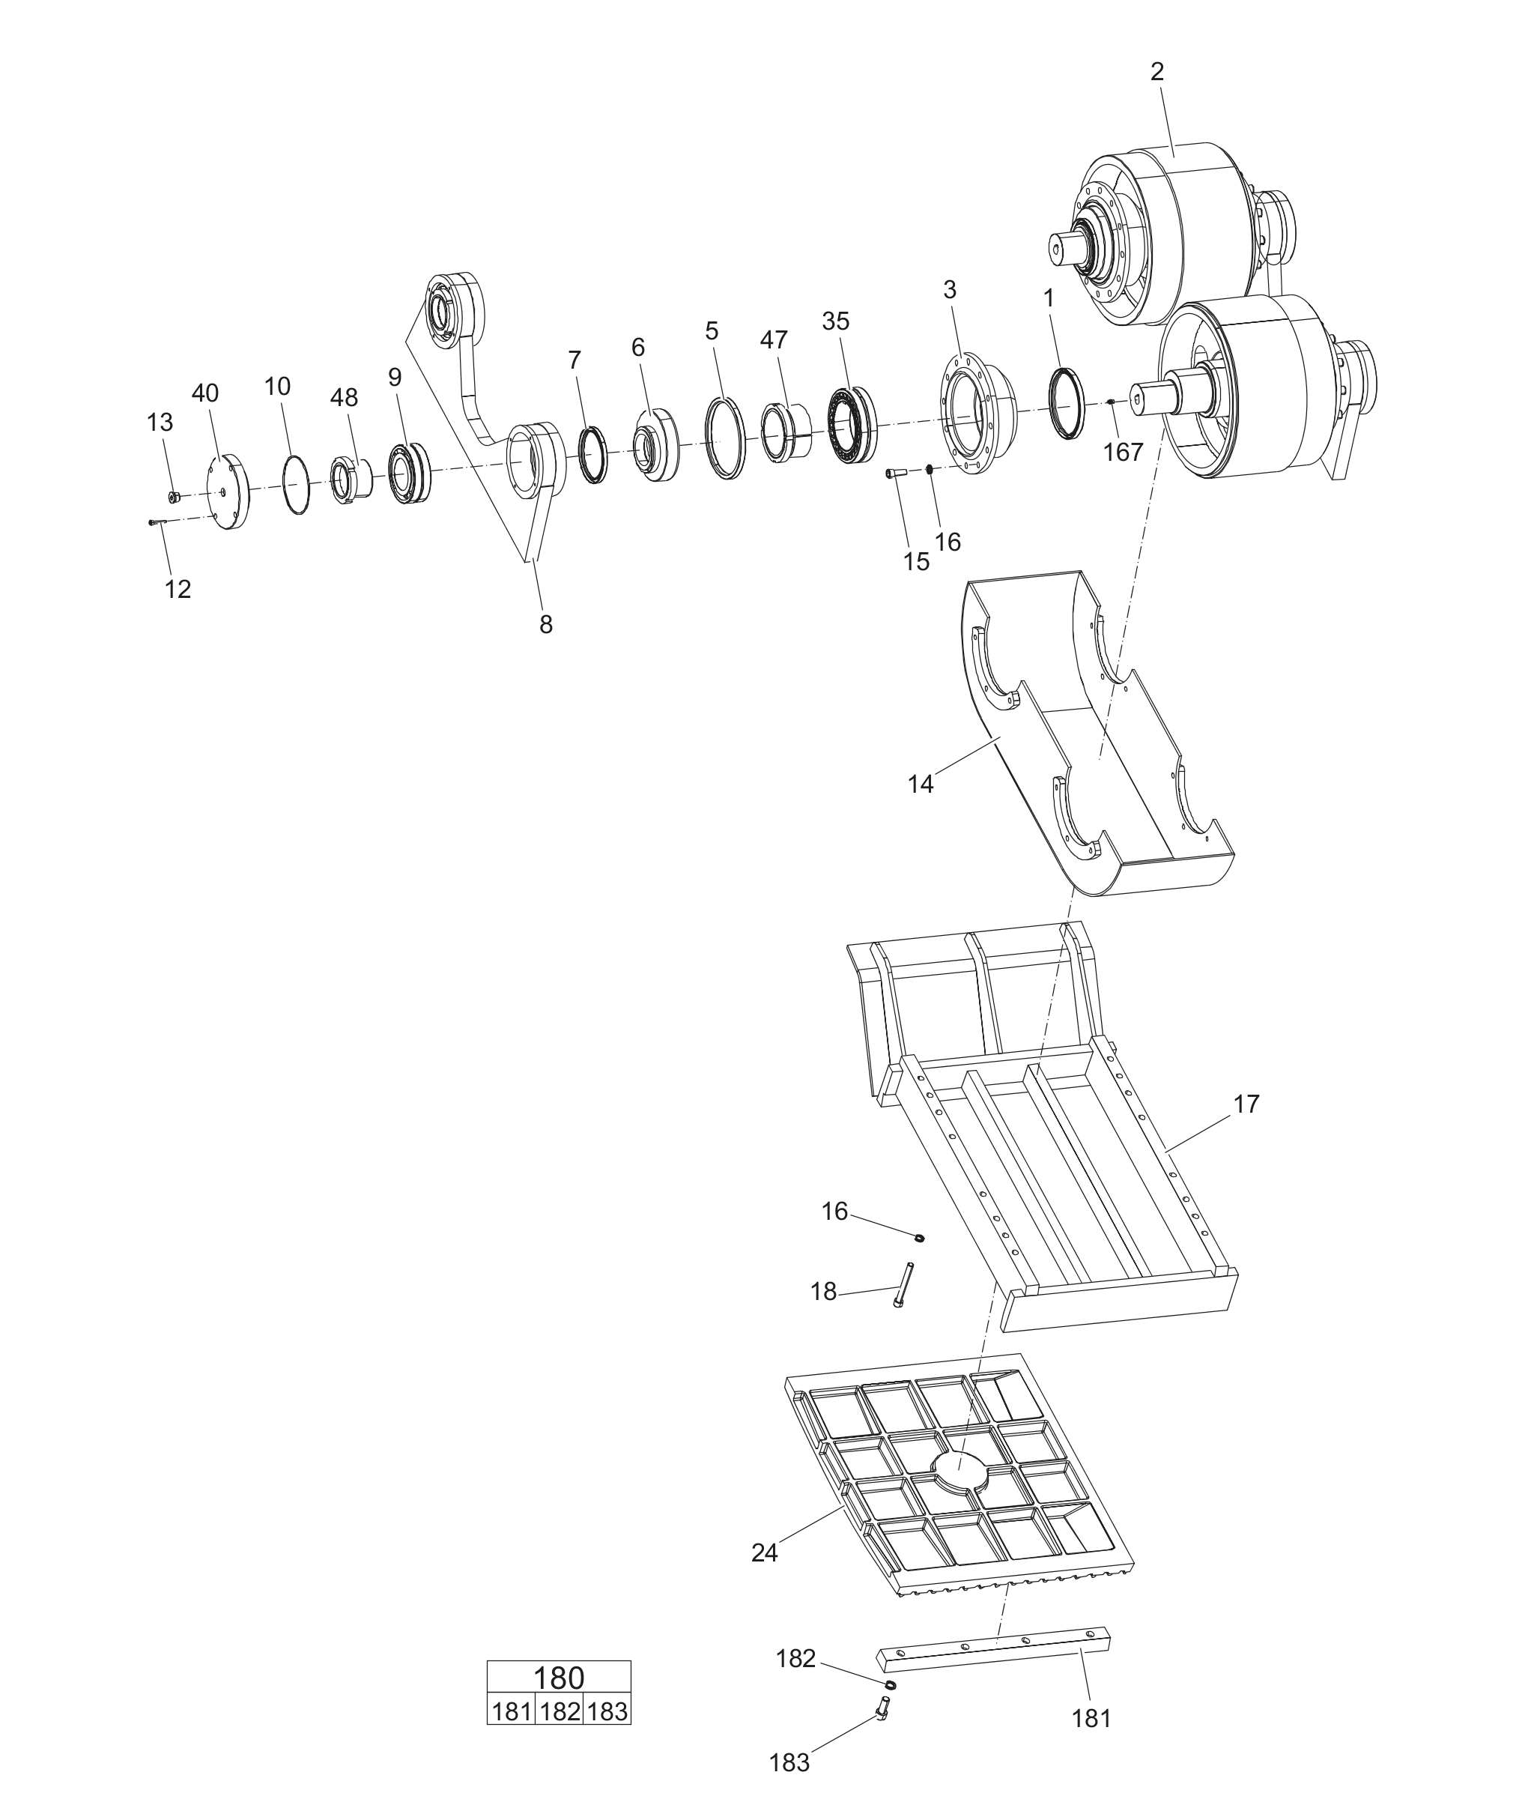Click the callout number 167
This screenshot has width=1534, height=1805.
(x=1123, y=453)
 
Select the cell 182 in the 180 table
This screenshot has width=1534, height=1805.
(x=560, y=1711)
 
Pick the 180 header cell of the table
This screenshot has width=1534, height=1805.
(x=558, y=1678)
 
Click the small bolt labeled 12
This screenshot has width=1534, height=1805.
(x=158, y=522)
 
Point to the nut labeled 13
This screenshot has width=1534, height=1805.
(x=174, y=497)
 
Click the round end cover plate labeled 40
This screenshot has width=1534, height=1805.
(x=228, y=492)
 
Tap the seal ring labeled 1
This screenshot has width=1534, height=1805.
(x=1068, y=403)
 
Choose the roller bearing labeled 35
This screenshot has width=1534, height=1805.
(x=852, y=426)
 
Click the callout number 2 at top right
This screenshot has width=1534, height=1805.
(x=1156, y=72)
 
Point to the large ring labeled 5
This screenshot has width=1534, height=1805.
(x=725, y=437)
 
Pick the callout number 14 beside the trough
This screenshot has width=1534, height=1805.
(x=920, y=784)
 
